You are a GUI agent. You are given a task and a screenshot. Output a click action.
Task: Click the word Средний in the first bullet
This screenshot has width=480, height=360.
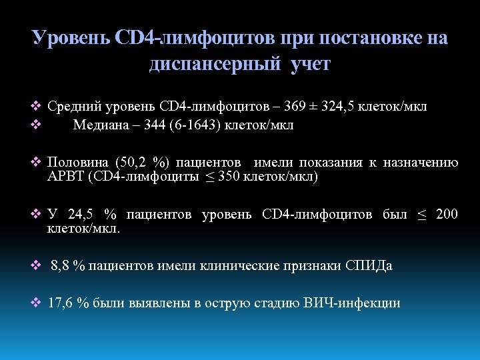tap(72, 107)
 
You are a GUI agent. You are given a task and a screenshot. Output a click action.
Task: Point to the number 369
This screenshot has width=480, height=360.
tap(295, 107)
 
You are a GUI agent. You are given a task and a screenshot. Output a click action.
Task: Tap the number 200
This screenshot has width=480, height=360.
tap(447, 215)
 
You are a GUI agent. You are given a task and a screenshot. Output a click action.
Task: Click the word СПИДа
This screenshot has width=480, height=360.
tap(369, 266)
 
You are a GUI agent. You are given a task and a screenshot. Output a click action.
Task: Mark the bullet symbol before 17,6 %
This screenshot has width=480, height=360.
tap(37, 303)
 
